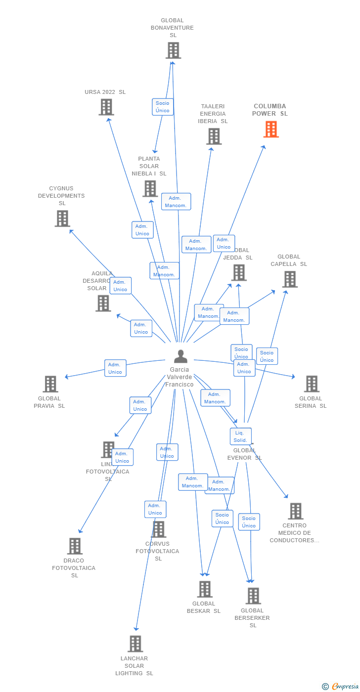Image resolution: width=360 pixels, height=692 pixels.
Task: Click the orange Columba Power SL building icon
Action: click(x=271, y=129)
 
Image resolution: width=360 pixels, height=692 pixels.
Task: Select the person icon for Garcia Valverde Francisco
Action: click(x=180, y=356)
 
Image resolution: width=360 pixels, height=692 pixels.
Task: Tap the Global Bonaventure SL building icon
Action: click(x=173, y=50)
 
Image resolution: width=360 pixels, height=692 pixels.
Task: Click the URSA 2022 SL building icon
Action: click(x=106, y=107)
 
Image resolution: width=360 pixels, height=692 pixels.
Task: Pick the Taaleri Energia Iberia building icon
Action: click(x=214, y=136)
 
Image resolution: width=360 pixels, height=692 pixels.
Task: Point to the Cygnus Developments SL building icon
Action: click(x=62, y=218)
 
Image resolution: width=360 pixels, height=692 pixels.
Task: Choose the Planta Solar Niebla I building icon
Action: click(x=150, y=188)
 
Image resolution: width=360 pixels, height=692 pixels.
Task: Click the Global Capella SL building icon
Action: click(x=290, y=279)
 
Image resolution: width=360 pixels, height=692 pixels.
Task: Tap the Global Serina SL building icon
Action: click(x=312, y=384)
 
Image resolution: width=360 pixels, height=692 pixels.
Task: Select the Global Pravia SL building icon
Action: click(x=50, y=384)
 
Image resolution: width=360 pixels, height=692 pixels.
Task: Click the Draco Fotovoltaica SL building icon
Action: click(x=75, y=546)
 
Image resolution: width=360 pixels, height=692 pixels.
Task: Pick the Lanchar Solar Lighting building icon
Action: click(x=135, y=644)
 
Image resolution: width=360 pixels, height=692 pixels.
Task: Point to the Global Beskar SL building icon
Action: click(x=205, y=589)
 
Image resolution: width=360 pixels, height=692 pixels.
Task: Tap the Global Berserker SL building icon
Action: click(x=253, y=596)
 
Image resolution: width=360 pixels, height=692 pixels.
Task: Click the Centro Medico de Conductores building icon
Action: click(x=295, y=511)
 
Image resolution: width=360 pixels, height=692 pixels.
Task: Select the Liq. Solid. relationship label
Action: click(x=241, y=436)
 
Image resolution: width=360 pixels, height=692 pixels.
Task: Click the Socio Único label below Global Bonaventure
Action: click(x=163, y=107)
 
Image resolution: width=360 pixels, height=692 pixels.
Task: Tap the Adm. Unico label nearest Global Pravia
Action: click(x=115, y=368)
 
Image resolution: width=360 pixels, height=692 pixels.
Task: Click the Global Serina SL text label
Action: click(x=311, y=402)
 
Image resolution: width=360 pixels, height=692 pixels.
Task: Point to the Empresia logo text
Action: click(x=345, y=686)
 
